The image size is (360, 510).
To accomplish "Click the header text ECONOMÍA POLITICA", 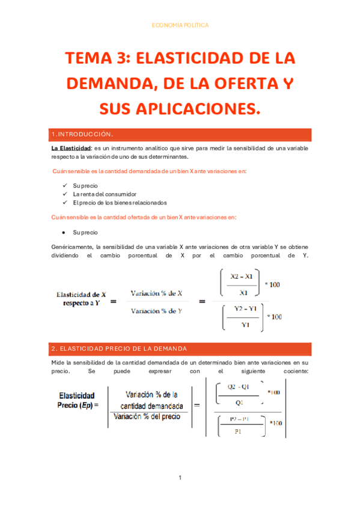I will coord(180,25).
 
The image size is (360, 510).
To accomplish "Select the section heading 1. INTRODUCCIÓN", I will coord(84,134).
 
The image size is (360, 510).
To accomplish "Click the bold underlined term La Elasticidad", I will coord(70,148).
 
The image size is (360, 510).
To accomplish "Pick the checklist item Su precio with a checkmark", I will coord(85,186).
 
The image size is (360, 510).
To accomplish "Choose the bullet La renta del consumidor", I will coord(104,194).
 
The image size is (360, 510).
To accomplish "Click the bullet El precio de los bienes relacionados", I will coord(120,203).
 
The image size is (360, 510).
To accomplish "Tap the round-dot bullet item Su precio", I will coord(85,232).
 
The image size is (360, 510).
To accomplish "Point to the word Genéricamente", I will coord(72,247).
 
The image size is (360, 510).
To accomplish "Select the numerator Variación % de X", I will coord(156,293).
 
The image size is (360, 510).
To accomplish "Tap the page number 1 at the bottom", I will coord(180,478).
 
